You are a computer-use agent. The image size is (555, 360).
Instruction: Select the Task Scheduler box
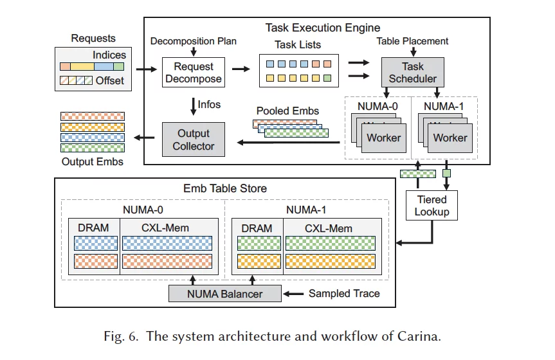click(x=413, y=73)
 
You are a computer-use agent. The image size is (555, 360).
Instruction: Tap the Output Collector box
click(x=193, y=139)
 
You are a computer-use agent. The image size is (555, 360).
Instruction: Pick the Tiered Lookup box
click(x=432, y=206)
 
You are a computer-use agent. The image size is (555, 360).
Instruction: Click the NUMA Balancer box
click(x=225, y=294)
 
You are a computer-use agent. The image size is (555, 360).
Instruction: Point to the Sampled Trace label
click(x=344, y=294)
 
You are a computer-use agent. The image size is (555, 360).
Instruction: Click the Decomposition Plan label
click(x=193, y=41)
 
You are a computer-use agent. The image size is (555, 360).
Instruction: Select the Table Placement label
click(x=412, y=41)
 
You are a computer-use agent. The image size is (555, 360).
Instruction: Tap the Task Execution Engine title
click(x=322, y=28)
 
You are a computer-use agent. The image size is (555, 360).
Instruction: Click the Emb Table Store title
click(x=225, y=188)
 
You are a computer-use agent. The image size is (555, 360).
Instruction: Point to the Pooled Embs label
click(x=287, y=111)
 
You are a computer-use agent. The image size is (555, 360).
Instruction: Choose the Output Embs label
click(x=92, y=161)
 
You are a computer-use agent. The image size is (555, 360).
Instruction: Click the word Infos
click(x=210, y=105)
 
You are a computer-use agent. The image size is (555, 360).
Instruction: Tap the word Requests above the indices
click(x=93, y=39)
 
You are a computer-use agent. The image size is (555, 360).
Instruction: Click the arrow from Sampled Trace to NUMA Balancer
click(x=295, y=294)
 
